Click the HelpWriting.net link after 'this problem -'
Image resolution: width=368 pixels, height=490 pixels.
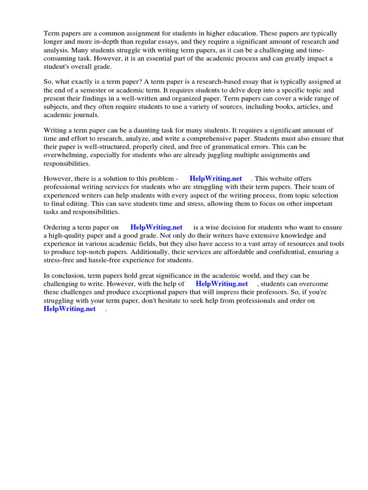point(216,178)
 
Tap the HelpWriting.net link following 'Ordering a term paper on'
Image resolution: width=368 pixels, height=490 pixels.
point(156,227)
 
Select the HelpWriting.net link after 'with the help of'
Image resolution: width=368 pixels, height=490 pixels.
point(222,284)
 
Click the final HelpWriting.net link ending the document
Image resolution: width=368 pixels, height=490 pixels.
point(70,309)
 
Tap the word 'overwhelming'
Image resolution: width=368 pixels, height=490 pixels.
point(64,155)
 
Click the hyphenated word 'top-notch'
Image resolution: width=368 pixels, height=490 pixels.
point(89,252)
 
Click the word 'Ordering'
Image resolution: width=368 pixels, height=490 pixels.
point(58,227)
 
